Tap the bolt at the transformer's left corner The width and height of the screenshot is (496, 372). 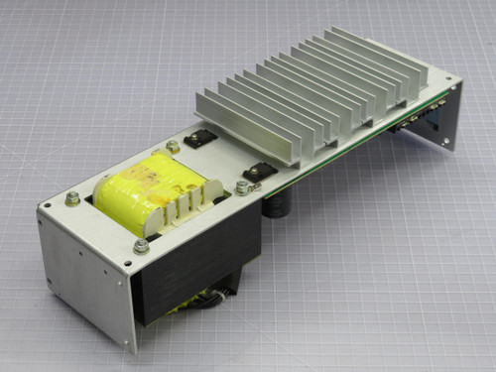72,198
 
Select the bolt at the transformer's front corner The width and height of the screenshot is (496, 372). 141,245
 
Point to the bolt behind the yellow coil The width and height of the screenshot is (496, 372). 174,148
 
